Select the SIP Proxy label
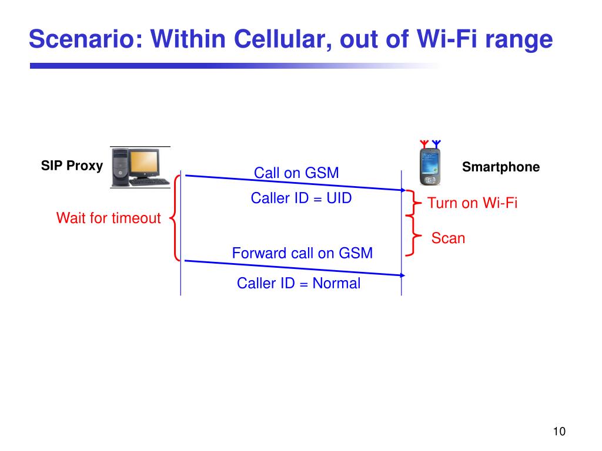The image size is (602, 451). click(x=72, y=166)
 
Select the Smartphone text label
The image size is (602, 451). click(x=500, y=167)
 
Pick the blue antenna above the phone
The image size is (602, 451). click(x=436, y=143)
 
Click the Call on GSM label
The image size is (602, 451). click(x=296, y=173)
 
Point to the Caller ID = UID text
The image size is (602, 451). click(x=301, y=198)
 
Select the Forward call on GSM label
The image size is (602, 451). click(x=302, y=254)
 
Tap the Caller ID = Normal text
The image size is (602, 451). click(x=298, y=284)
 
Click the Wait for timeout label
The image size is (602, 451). click(x=108, y=218)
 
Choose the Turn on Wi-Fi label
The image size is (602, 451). click(x=472, y=204)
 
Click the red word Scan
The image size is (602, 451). click(x=448, y=238)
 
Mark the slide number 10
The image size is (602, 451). click(x=558, y=432)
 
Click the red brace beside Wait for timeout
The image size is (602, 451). click(x=175, y=218)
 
